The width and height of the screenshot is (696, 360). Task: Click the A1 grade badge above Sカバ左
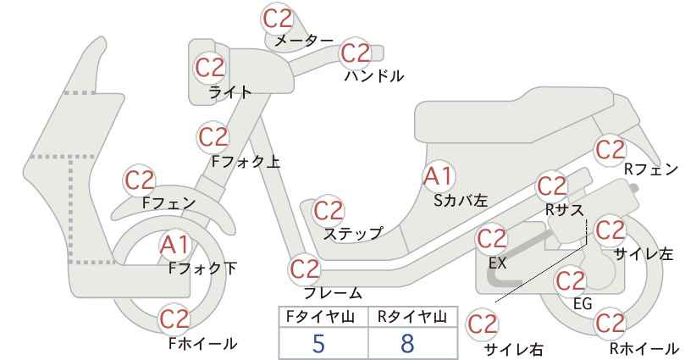click(439, 176)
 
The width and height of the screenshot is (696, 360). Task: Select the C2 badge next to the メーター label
click(278, 19)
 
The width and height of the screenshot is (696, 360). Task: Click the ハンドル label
click(374, 76)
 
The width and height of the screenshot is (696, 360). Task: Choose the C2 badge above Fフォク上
click(213, 137)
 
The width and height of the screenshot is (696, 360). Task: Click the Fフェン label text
click(168, 203)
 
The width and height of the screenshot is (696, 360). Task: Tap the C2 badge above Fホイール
click(174, 319)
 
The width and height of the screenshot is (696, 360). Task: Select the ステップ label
click(353, 234)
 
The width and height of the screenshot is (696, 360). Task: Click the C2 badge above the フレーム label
click(305, 269)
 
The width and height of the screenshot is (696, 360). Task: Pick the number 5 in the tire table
click(318, 343)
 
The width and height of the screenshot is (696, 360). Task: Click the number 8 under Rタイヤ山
click(407, 343)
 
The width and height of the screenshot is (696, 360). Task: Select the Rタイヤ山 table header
click(412, 317)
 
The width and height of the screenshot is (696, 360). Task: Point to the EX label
click(498, 263)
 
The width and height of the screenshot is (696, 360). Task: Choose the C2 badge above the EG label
click(571, 281)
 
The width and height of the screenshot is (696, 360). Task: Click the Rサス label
click(564, 210)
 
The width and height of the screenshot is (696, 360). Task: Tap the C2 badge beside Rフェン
click(610, 150)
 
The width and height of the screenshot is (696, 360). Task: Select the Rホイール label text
click(644, 348)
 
